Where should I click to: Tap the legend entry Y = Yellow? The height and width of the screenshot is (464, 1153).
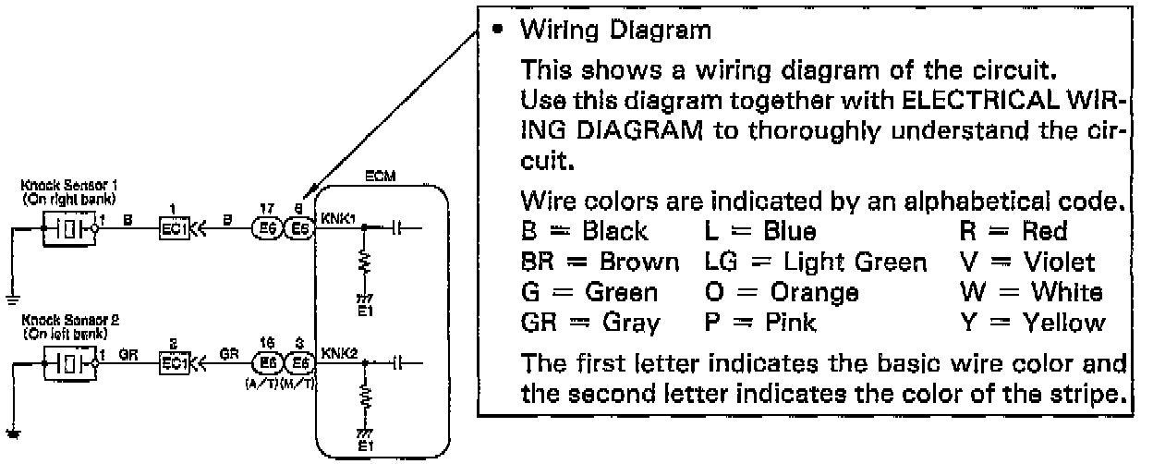[1050, 323]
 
